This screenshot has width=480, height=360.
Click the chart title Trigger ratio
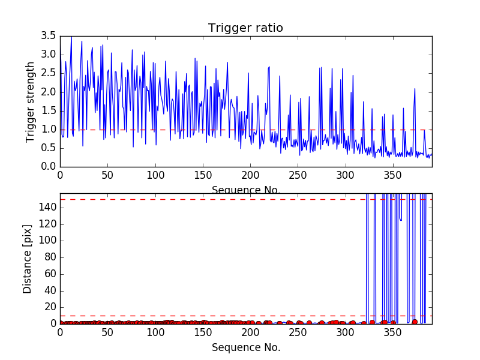(245, 28)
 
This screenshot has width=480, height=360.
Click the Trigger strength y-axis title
(31, 102)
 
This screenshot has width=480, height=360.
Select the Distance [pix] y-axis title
(28, 259)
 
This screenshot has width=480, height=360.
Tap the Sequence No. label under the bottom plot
(245, 347)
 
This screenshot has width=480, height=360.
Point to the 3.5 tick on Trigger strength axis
(49, 36)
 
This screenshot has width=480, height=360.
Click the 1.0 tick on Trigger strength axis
(49, 130)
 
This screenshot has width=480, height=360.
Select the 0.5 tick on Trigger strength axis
(49, 148)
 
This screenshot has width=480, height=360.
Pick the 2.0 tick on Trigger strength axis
(49, 92)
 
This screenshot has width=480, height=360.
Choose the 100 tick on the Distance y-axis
(47, 241)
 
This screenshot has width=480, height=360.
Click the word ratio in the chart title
(269, 28)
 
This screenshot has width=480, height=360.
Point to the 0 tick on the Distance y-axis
(53, 324)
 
